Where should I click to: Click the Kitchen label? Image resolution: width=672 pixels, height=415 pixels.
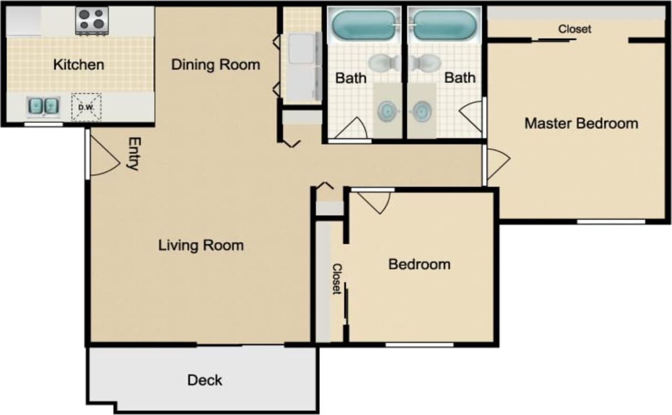(x=78, y=65)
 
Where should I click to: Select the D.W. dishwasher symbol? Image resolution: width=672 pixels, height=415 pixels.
(x=86, y=106)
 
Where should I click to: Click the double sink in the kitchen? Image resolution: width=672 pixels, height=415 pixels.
(x=43, y=106)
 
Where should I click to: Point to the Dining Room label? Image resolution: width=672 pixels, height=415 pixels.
(x=215, y=65)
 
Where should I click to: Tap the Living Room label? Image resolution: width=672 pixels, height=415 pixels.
(x=201, y=245)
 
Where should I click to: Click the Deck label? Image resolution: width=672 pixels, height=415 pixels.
(x=204, y=380)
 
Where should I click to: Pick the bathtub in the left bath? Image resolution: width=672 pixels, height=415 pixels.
(x=364, y=25)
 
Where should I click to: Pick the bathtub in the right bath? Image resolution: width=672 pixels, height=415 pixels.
(x=444, y=25)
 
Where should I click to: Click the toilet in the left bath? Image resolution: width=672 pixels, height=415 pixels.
(x=382, y=62)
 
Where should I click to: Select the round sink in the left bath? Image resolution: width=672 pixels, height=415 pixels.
(x=387, y=111)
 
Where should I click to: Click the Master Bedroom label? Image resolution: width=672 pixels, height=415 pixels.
(x=581, y=123)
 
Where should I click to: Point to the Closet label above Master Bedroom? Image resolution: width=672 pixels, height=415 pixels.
(x=575, y=29)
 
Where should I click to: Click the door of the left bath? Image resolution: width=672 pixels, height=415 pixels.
(x=351, y=129)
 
